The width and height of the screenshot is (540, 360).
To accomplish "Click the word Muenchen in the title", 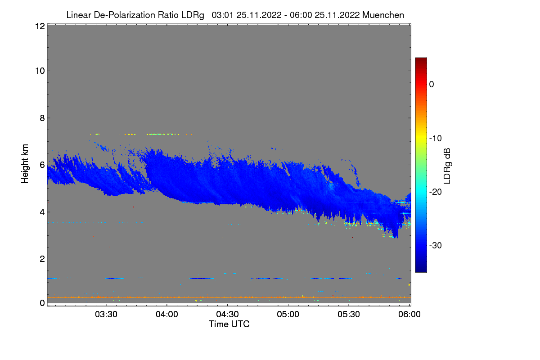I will coord(383,15).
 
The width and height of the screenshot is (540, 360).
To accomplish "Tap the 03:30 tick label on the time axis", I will coord(106,314).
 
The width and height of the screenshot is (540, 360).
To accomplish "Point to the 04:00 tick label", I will coord(167,314).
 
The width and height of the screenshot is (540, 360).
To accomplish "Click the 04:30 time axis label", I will coord(228,314).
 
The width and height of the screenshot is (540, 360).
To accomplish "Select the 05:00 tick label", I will coord(288,314).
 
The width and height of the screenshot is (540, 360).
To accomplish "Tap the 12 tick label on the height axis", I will coord(39,26).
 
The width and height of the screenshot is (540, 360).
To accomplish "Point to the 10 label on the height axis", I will coord(39,71).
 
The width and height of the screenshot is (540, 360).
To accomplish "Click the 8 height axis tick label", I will coord(42,118).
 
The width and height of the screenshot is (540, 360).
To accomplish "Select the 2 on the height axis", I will coord(42,259).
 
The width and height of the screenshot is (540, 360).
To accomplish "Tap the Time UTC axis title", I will coord(229,324).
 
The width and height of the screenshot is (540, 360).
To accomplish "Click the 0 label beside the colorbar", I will coord(432,84).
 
